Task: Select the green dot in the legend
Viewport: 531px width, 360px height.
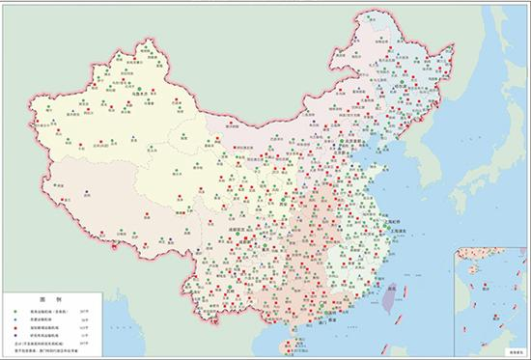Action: coord(16,311)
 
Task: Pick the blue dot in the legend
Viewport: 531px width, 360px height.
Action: coord(16,319)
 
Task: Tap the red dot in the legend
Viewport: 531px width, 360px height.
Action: coord(16,328)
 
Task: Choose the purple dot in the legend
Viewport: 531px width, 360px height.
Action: coord(16,336)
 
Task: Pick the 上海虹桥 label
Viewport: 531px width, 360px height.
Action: coord(395,220)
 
